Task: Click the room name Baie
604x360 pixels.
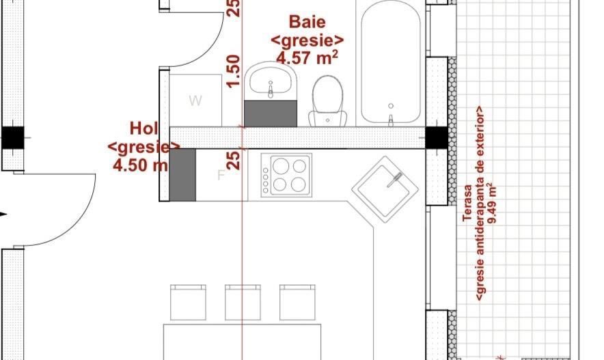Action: pos(307,22)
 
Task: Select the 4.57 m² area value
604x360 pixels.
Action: pos(307,57)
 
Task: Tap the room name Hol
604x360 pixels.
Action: pos(144,128)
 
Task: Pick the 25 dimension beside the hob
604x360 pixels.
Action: pos(234,161)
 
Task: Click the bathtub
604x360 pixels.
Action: pos(390,63)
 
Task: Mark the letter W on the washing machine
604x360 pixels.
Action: pos(195,101)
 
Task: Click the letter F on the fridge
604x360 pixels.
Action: pos(221,176)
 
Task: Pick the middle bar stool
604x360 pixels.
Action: pos(243,302)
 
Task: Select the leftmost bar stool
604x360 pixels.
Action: pos(188,302)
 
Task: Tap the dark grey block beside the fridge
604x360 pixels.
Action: pos(182,176)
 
